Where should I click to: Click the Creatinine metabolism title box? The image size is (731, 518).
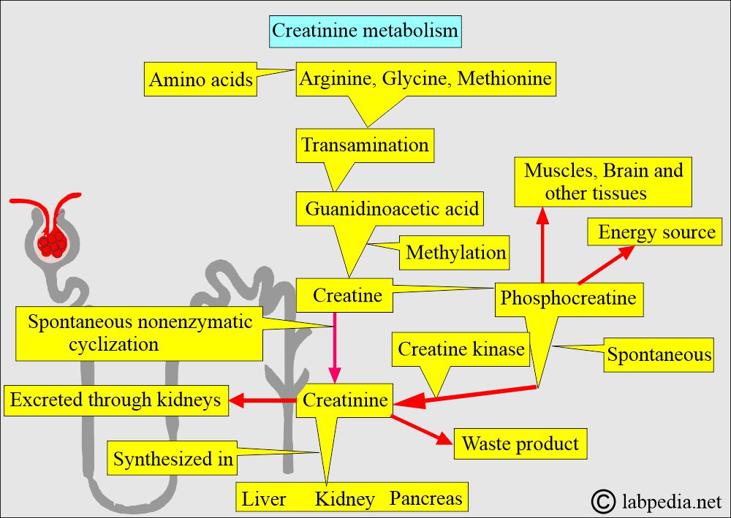365,31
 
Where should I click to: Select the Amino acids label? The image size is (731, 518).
200,80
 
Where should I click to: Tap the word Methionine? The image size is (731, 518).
504,77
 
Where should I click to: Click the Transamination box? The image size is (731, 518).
365,145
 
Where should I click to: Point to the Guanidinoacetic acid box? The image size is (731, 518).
392,209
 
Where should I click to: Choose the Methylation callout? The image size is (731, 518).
455,253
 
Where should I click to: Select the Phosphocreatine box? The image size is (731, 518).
568,298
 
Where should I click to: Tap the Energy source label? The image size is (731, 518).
656,232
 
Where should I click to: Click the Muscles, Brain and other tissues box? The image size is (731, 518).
602,181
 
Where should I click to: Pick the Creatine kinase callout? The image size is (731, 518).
461,350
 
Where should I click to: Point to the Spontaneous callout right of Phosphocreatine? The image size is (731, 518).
659,355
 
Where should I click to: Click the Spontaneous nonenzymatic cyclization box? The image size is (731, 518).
139,333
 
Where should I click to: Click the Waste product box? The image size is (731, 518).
520,443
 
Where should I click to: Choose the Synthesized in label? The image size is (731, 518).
173,459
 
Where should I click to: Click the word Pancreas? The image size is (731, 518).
425,498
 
